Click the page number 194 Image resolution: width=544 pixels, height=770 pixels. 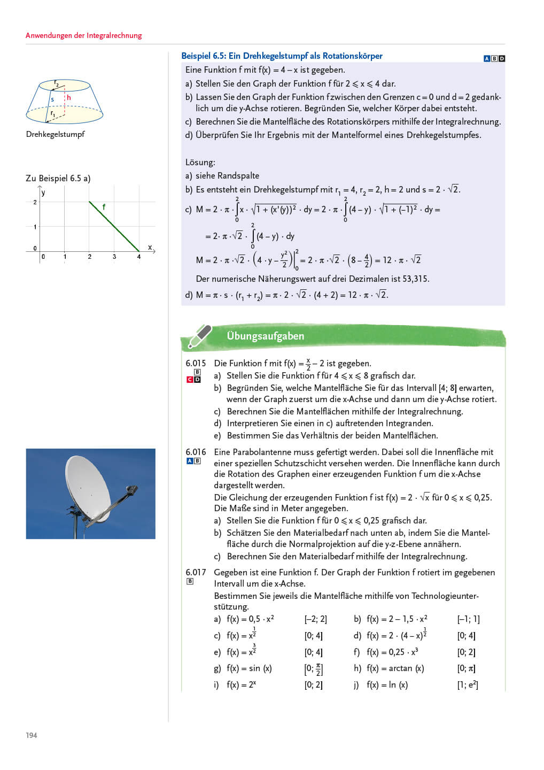[32, 735]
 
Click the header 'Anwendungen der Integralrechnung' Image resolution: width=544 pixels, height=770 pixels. [84, 35]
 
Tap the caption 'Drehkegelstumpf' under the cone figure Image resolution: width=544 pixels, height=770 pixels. [55, 134]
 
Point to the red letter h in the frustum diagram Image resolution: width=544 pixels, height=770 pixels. [68, 98]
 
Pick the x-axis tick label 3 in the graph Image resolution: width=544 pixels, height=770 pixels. [114, 257]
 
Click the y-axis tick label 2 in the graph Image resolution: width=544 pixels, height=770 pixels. [35, 202]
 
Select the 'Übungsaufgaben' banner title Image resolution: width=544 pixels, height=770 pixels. [265, 336]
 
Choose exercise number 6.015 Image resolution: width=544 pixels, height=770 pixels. [196, 363]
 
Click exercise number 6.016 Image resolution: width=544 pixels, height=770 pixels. [196, 452]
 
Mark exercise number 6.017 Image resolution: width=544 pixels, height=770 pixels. [196, 572]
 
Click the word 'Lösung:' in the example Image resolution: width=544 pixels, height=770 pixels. [200, 162]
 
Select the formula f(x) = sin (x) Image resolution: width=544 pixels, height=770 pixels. [249, 668]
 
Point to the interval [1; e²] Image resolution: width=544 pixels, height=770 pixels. [468, 685]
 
